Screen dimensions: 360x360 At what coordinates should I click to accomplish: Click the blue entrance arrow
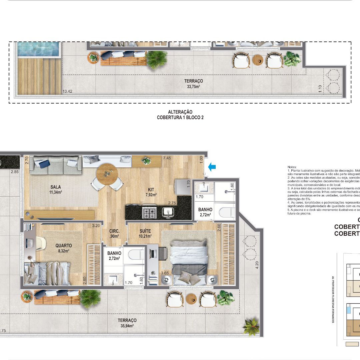click(212, 166)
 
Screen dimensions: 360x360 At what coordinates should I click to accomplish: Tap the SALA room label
click(55, 189)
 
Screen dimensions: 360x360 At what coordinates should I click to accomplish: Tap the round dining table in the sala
click(107, 174)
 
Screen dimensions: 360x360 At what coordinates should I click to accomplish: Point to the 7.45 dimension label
click(167, 158)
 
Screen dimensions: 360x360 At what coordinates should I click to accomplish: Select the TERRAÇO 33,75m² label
click(193, 84)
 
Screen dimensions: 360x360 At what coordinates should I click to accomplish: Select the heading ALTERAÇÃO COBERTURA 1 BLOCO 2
click(180, 115)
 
